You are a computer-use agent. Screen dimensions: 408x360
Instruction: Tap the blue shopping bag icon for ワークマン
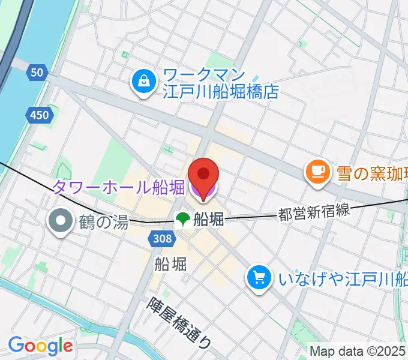(144, 83)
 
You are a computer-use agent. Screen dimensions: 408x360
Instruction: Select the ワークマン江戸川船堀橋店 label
(221, 84)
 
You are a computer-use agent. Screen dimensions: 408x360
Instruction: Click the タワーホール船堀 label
(119, 188)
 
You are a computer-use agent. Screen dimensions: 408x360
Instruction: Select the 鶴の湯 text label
(103, 223)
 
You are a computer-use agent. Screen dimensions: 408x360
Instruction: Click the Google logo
(40, 346)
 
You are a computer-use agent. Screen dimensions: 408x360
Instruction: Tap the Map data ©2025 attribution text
(358, 350)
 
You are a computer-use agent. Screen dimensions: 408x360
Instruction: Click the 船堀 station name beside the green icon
(209, 220)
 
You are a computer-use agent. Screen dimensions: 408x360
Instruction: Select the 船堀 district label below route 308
(170, 263)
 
